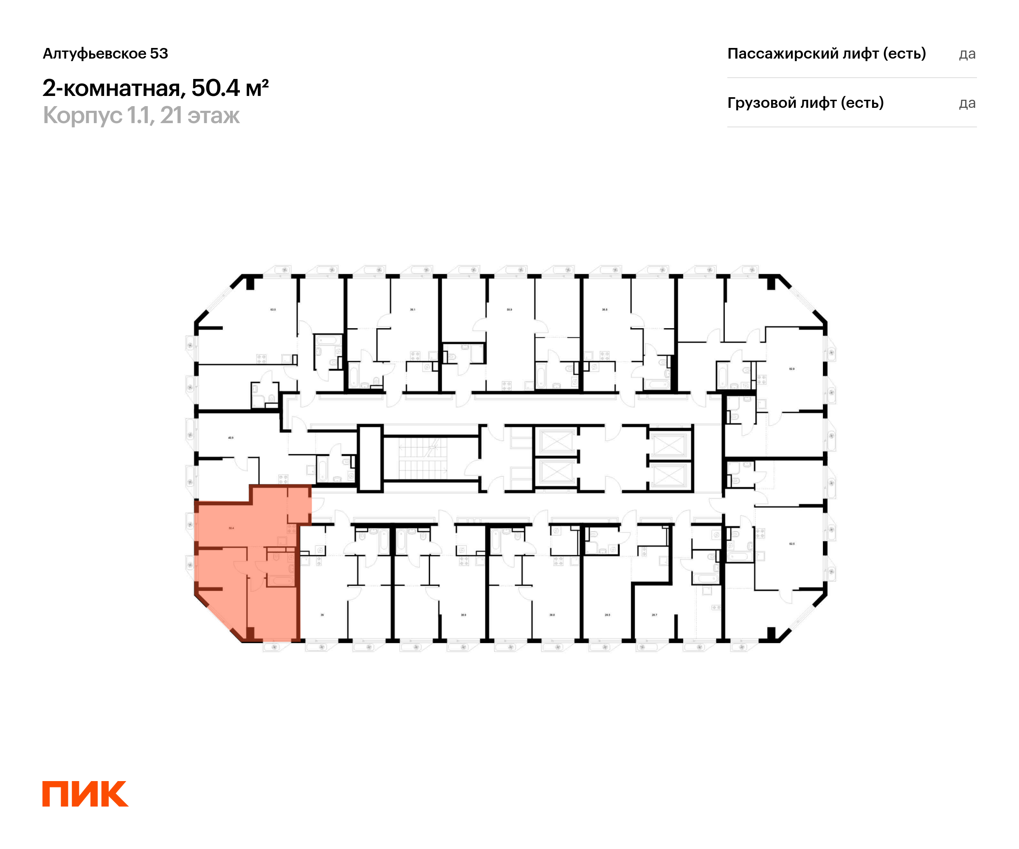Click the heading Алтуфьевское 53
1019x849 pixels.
[105, 53]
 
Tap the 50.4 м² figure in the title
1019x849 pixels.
[230, 88]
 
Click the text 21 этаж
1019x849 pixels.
[200, 115]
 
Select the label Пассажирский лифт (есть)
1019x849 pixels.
[826, 53]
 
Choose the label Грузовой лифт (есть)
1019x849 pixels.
[805, 103]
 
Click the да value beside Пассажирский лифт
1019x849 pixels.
[967, 54]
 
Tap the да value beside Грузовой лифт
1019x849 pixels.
[967, 103]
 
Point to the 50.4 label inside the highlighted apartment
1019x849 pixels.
[231, 528]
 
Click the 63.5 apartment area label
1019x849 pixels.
[273, 309]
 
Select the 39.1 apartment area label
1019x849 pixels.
[412, 309]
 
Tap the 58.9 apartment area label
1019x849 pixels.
[509, 309]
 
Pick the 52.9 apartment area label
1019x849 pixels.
[792, 369]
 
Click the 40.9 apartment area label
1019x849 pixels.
[231, 438]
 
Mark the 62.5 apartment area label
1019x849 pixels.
[792, 544]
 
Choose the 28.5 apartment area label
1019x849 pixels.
[608, 615]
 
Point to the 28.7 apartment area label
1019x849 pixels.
[654, 615]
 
